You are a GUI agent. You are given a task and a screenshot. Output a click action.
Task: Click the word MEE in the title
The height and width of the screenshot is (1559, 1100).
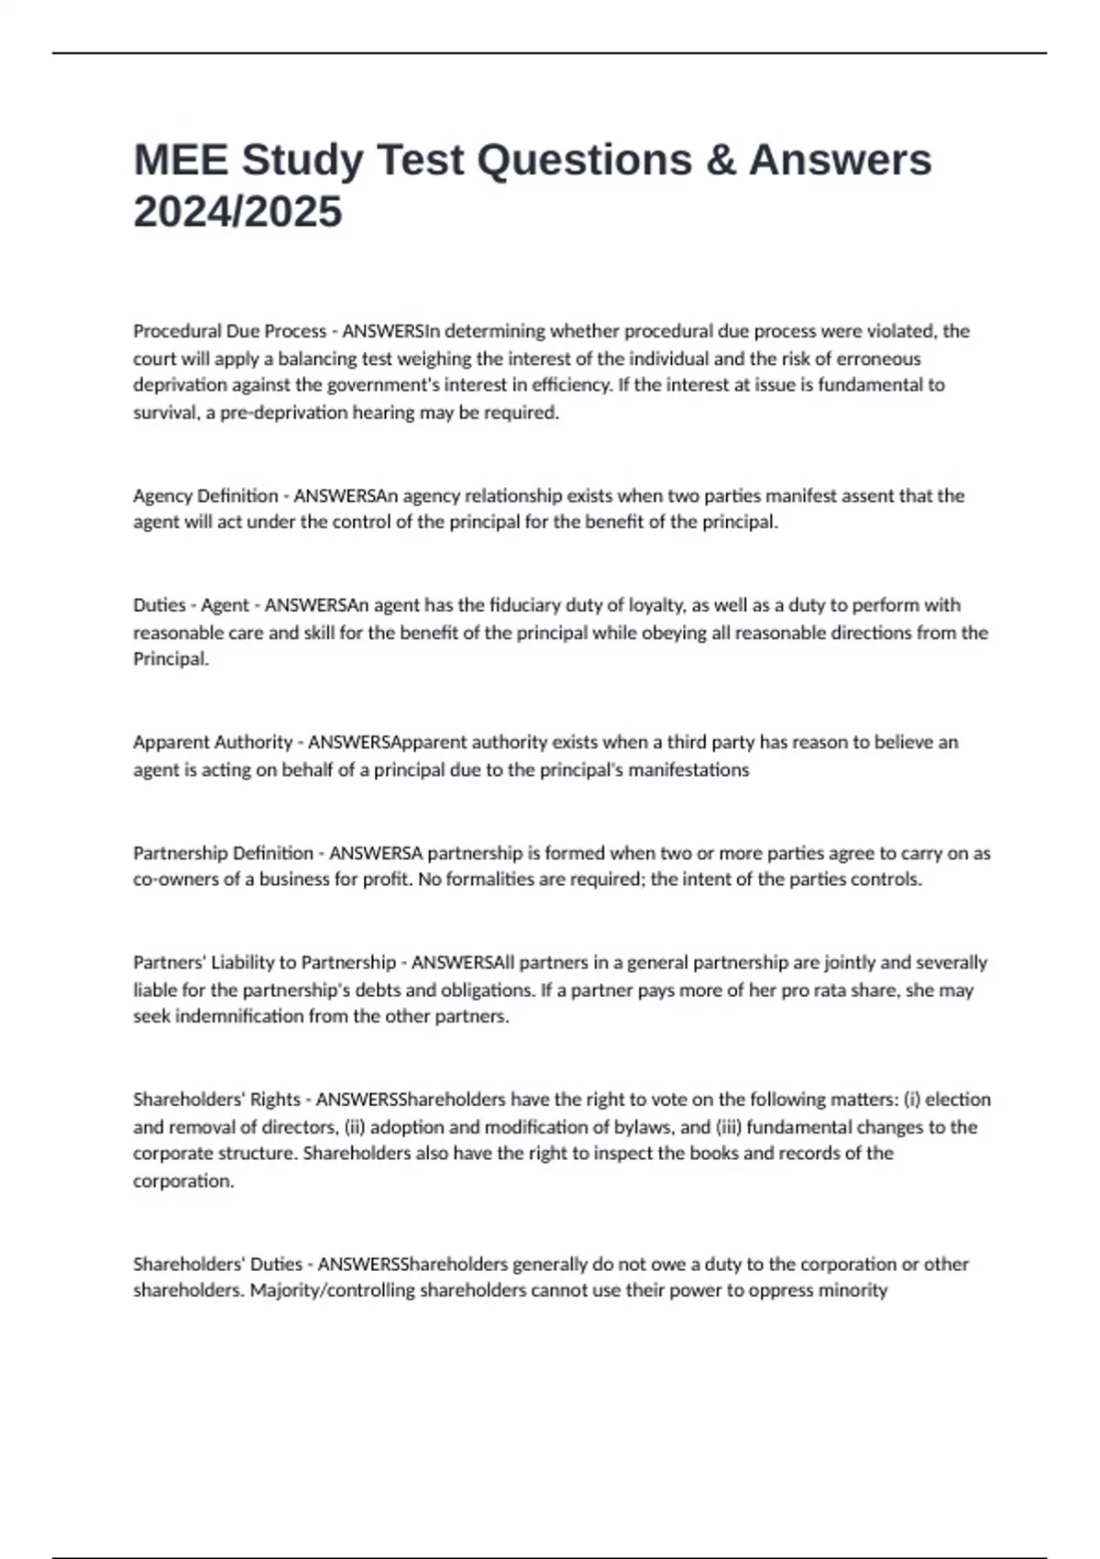point(180,160)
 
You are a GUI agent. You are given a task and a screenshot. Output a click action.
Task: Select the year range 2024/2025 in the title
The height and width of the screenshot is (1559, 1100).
point(237,212)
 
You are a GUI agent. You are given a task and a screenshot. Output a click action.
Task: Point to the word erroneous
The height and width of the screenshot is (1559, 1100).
point(878,359)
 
